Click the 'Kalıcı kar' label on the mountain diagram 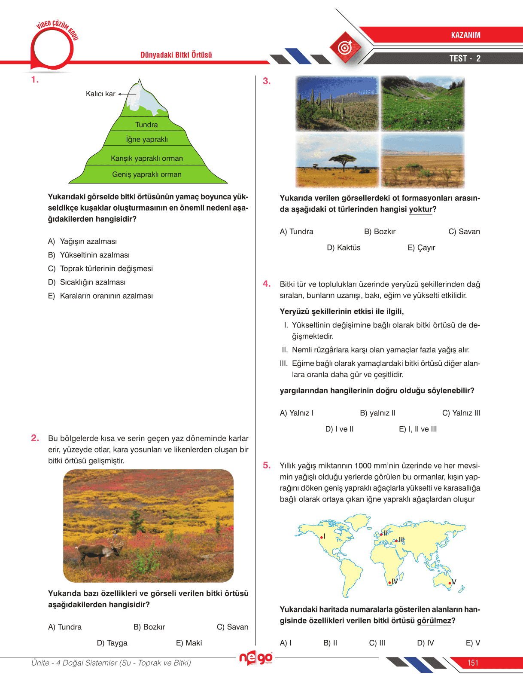click(x=100, y=94)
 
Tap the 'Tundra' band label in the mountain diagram click(x=146, y=125)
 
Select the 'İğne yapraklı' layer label click(x=147, y=139)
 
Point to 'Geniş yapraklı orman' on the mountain click(x=147, y=174)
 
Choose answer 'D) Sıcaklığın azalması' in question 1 click(x=92, y=282)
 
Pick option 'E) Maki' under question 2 click(x=189, y=643)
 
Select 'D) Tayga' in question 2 click(x=112, y=643)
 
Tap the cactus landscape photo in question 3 click(x=338, y=104)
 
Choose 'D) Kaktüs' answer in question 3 click(x=344, y=248)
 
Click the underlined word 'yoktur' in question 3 click(x=421, y=209)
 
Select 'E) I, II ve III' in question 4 click(x=418, y=429)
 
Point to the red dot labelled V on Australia click(x=450, y=583)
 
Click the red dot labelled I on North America click(x=321, y=537)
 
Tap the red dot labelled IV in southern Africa click(x=390, y=582)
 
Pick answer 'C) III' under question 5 click(x=377, y=643)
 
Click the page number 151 click(x=473, y=663)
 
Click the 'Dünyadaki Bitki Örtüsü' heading click(x=176, y=55)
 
